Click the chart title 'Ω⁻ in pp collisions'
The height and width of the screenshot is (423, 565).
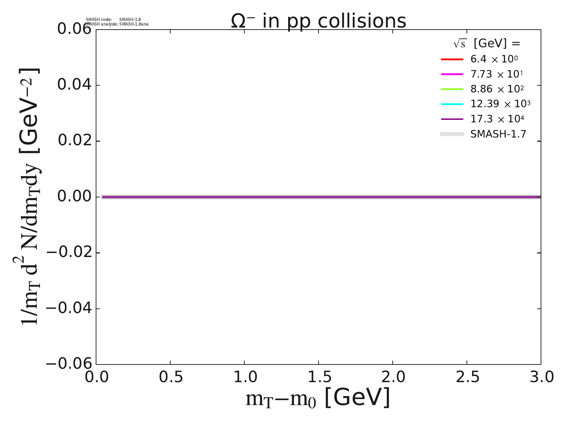tap(319, 21)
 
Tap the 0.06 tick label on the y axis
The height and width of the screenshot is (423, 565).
tap(74, 29)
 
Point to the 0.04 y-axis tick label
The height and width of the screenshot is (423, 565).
tap(74, 85)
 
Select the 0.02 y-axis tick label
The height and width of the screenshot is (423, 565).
tap(74, 141)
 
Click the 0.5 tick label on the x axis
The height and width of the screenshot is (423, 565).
tap(171, 377)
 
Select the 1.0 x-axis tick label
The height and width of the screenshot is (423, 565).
tap(245, 377)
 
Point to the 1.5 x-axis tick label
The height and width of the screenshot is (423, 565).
tap(319, 377)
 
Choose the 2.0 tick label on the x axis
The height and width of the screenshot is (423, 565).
tap(393, 377)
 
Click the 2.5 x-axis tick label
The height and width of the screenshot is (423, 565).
tap(467, 377)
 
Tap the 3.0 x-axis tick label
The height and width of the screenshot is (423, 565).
tap(541, 377)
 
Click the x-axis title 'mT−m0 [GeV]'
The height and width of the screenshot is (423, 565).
tap(318, 398)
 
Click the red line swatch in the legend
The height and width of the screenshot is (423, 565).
tap(452, 59)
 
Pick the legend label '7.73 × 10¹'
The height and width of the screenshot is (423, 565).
tap(496, 74)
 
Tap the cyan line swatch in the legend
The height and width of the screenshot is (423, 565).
tap(452, 104)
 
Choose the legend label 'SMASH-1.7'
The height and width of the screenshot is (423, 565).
tap(498, 134)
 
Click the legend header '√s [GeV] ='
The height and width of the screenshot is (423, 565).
tap(487, 44)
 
